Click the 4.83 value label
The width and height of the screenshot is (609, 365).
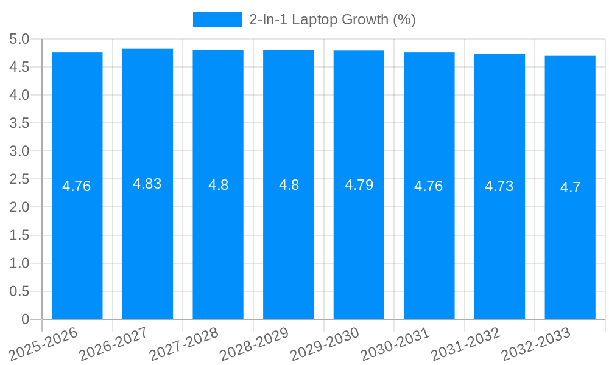click(147, 184)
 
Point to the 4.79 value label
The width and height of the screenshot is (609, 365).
click(359, 185)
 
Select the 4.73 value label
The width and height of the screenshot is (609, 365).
click(499, 187)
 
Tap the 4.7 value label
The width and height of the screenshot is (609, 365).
click(570, 187)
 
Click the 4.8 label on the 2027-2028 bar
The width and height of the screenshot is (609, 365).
click(218, 185)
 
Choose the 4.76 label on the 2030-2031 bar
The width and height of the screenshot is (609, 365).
click(429, 186)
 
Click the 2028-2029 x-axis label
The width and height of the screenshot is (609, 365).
click(254, 344)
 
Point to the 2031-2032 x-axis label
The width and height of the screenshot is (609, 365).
click(465, 344)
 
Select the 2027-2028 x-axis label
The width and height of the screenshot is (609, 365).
click(184, 344)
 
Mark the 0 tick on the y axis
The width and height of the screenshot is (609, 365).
click(25, 319)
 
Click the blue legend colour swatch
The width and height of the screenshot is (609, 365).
click(217, 19)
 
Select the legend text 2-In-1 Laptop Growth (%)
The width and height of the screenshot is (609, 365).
click(333, 19)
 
